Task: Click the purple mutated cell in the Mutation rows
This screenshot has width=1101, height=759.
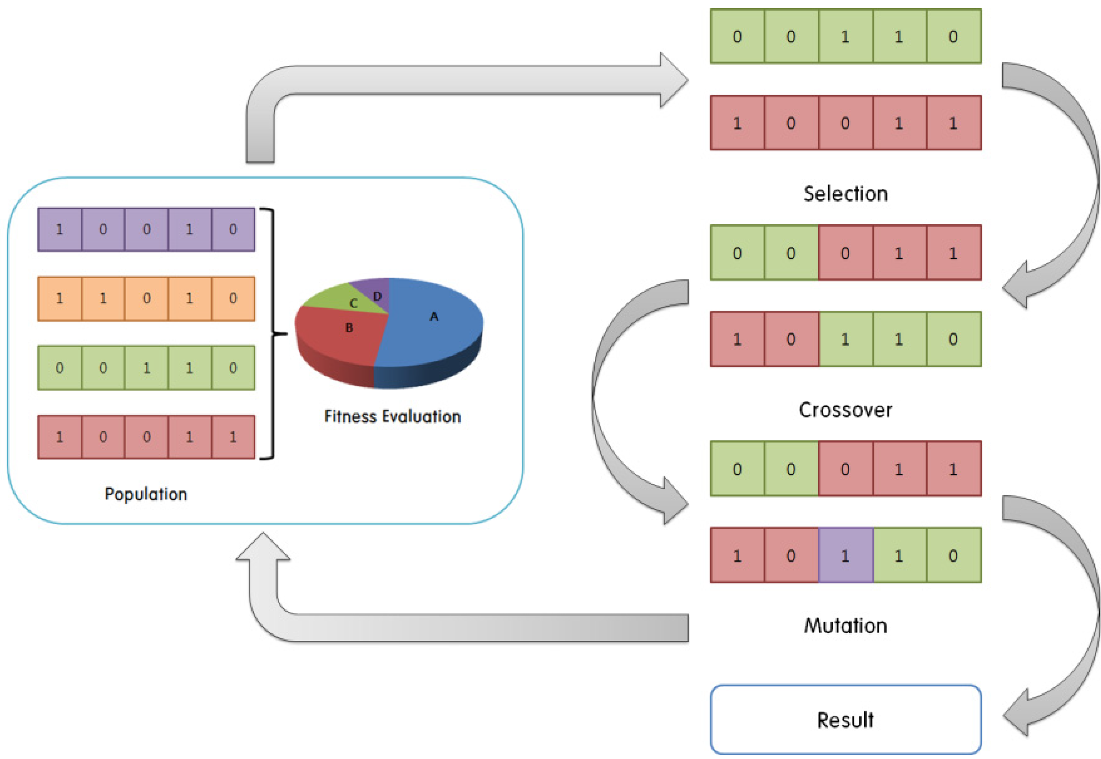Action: click(x=846, y=555)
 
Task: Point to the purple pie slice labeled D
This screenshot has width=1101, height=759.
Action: click(x=373, y=290)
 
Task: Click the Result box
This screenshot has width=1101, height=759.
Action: click(x=846, y=719)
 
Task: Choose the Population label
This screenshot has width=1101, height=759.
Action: click(x=146, y=494)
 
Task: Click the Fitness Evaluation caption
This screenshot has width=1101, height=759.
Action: click(x=392, y=417)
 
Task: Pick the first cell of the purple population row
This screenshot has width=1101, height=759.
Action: click(x=60, y=229)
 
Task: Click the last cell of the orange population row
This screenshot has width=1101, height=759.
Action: click(x=233, y=299)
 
